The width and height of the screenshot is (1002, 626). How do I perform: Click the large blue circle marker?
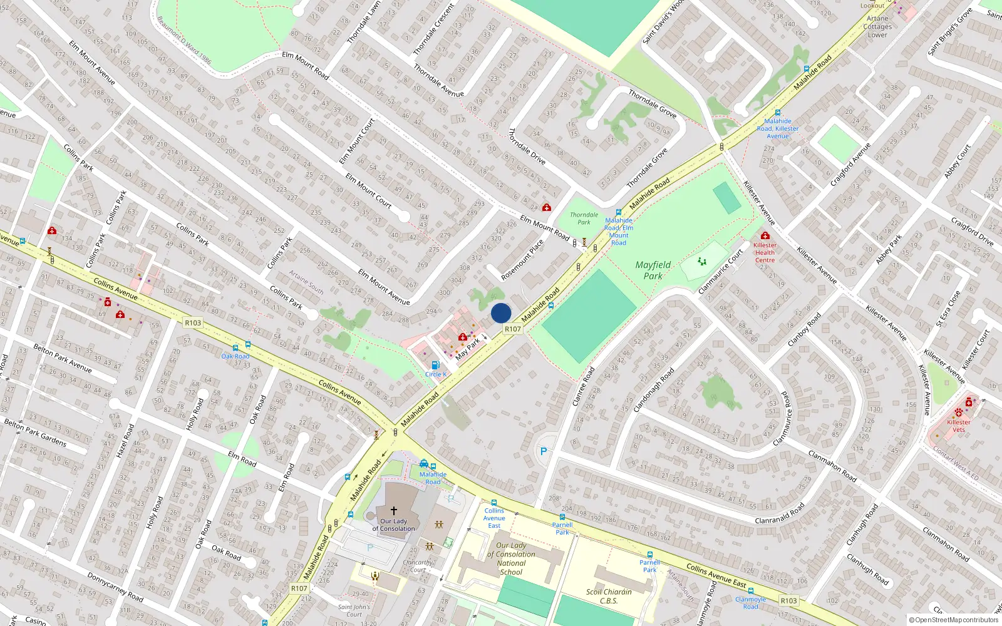501,313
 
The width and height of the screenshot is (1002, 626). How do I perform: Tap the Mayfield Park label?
653,270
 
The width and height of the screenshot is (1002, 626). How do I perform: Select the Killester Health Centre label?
765,252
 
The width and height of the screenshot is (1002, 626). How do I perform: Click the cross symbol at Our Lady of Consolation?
393,511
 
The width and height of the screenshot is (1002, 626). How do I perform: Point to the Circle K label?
436,374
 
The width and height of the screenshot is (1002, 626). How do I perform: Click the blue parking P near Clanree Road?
544,451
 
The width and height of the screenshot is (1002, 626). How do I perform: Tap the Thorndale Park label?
584,218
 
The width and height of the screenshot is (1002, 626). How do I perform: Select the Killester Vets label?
958,426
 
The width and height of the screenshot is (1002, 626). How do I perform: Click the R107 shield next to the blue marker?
512,329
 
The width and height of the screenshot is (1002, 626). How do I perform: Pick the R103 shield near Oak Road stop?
193,323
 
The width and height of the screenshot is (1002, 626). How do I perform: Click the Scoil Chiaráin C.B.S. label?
609,596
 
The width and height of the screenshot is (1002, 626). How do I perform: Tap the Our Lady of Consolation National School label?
511,558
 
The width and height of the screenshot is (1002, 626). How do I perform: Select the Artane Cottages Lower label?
877,26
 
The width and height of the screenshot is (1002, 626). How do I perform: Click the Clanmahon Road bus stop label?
750,603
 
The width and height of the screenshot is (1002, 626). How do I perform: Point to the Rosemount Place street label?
522,260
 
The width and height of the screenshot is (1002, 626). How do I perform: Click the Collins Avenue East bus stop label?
494,518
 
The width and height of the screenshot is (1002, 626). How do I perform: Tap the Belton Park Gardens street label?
35,433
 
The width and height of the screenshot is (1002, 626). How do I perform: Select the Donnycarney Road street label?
115,587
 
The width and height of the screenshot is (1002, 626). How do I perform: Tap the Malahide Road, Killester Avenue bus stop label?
778,128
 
